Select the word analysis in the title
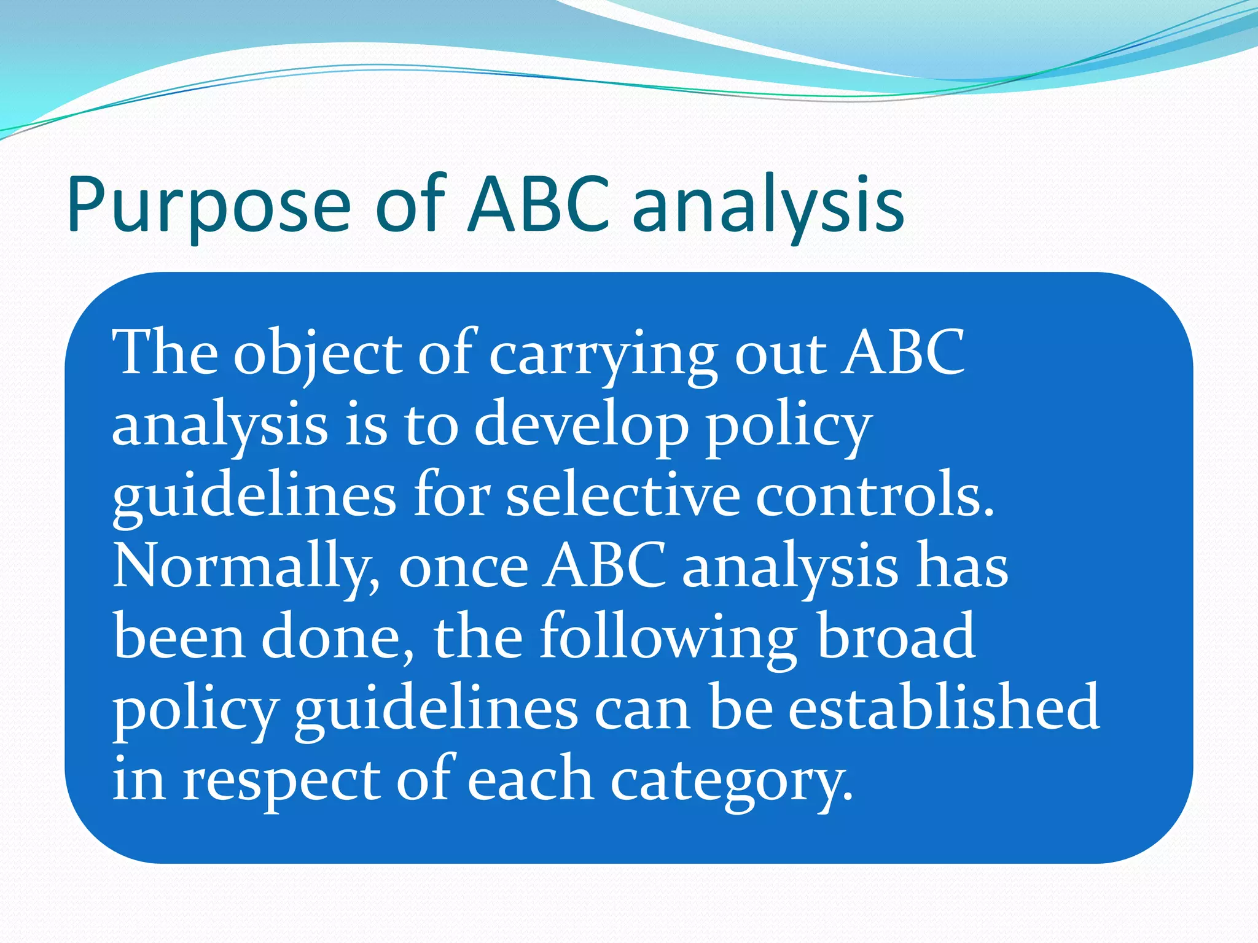pyautogui.click(x=768, y=206)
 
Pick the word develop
pyautogui.click(x=581, y=427)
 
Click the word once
pyautogui.click(x=463, y=568)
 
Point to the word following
pyautogui.click(x=668, y=638)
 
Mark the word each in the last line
pyautogui.click(x=530, y=780)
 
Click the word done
pyautogui.click(x=338, y=638)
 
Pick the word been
pyautogui.click(x=179, y=638)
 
